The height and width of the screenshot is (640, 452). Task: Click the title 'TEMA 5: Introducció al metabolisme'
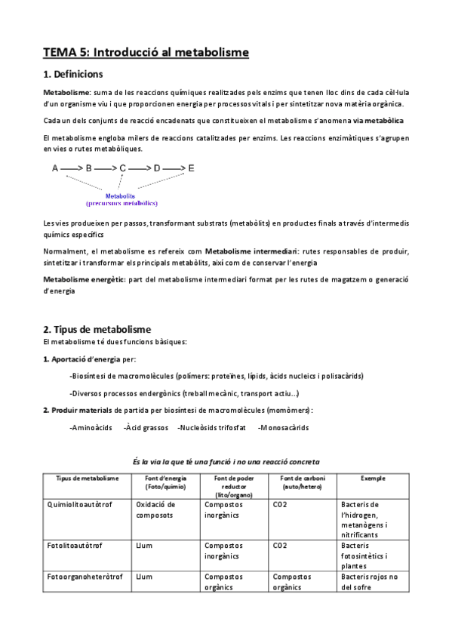(145, 52)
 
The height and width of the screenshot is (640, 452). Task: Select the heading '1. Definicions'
(73, 75)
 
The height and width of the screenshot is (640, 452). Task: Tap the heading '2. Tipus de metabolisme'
(97, 329)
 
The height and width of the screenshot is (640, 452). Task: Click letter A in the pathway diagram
(55, 169)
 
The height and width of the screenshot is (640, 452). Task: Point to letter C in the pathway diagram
(123, 169)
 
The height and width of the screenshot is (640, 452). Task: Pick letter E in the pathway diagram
(191, 169)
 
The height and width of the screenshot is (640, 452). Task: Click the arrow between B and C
(106, 169)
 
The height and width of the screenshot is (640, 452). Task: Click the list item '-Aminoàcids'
(91, 428)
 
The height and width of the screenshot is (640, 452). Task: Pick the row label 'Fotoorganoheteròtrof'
(85, 576)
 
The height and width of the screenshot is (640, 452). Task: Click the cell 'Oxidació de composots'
(155, 509)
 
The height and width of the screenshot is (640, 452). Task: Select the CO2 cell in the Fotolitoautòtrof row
(281, 544)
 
